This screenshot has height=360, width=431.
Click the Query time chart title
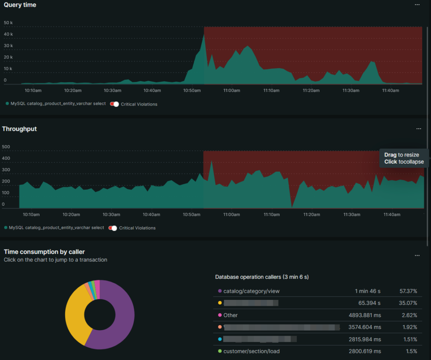(20, 5)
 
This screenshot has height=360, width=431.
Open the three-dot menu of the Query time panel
(417, 5)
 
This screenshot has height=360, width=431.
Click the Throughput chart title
(19, 129)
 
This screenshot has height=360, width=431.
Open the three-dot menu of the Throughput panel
(418, 129)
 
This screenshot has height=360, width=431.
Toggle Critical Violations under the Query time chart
(114, 104)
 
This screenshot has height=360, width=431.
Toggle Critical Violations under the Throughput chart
(112, 228)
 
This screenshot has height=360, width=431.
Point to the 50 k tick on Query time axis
(8, 23)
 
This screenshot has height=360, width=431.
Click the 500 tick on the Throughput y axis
(6, 147)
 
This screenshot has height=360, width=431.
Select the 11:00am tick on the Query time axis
(231, 90)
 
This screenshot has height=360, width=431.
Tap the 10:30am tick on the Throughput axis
(111, 214)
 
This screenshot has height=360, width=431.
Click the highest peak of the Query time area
(204, 34)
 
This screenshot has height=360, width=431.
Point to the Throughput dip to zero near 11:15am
(292, 206)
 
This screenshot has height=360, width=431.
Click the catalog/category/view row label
(251, 291)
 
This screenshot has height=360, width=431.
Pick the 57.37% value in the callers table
(408, 291)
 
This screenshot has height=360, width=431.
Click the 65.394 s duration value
(369, 303)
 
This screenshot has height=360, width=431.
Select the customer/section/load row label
(251, 351)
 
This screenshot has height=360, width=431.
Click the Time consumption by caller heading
(44, 252)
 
